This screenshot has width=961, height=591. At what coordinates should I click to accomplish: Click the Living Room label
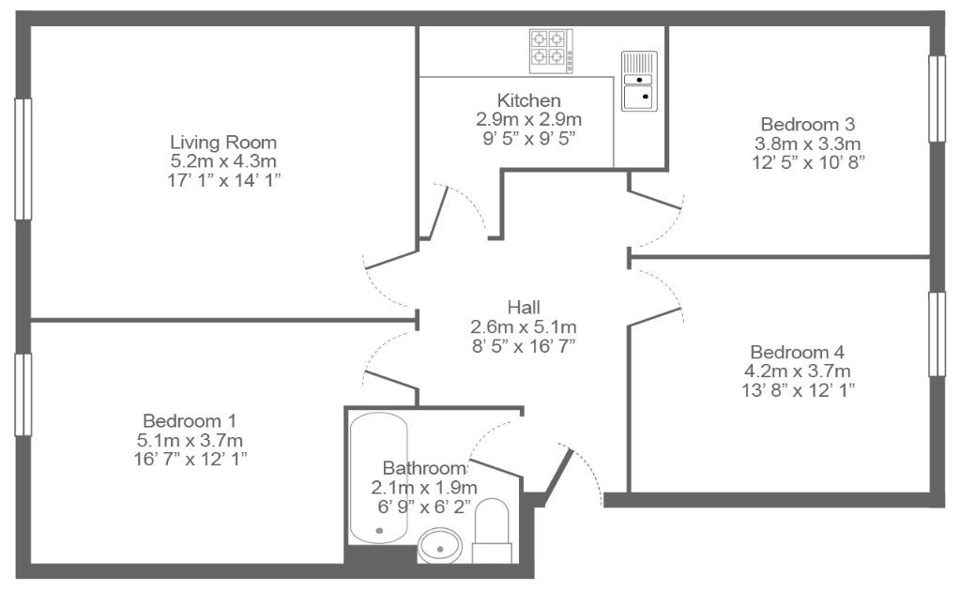point(223,143)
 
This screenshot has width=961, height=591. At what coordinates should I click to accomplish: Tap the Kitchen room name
point(528,99)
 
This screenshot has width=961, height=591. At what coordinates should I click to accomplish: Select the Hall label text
point(524,307)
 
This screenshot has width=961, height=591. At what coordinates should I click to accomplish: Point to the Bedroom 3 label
point(807,125)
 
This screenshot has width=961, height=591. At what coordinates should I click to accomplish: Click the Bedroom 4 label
point(797,352)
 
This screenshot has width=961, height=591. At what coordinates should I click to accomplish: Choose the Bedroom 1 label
point(190,421)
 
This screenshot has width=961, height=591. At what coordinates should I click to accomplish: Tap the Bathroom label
point(424,468)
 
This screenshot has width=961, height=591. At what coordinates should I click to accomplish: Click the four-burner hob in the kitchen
point(551,51)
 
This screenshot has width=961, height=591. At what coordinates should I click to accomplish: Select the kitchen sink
point(639,82)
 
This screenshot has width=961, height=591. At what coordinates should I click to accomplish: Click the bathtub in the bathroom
point(378,477)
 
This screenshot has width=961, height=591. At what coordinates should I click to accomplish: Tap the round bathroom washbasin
point(439,545)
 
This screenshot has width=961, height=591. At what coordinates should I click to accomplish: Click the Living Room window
point(23,159)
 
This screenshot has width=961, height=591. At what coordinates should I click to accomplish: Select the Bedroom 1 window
point(23,395)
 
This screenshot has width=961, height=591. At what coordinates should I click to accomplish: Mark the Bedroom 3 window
point(938,98)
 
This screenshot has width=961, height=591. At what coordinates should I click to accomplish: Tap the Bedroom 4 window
point(938,334)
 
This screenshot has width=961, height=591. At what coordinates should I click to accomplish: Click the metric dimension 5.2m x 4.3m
point(223,161)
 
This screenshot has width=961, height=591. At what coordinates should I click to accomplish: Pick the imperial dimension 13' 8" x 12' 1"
point(798,390)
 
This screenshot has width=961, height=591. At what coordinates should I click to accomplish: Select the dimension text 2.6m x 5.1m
point(524,326)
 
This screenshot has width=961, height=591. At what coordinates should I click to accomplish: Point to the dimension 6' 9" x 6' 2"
point(424,507)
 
